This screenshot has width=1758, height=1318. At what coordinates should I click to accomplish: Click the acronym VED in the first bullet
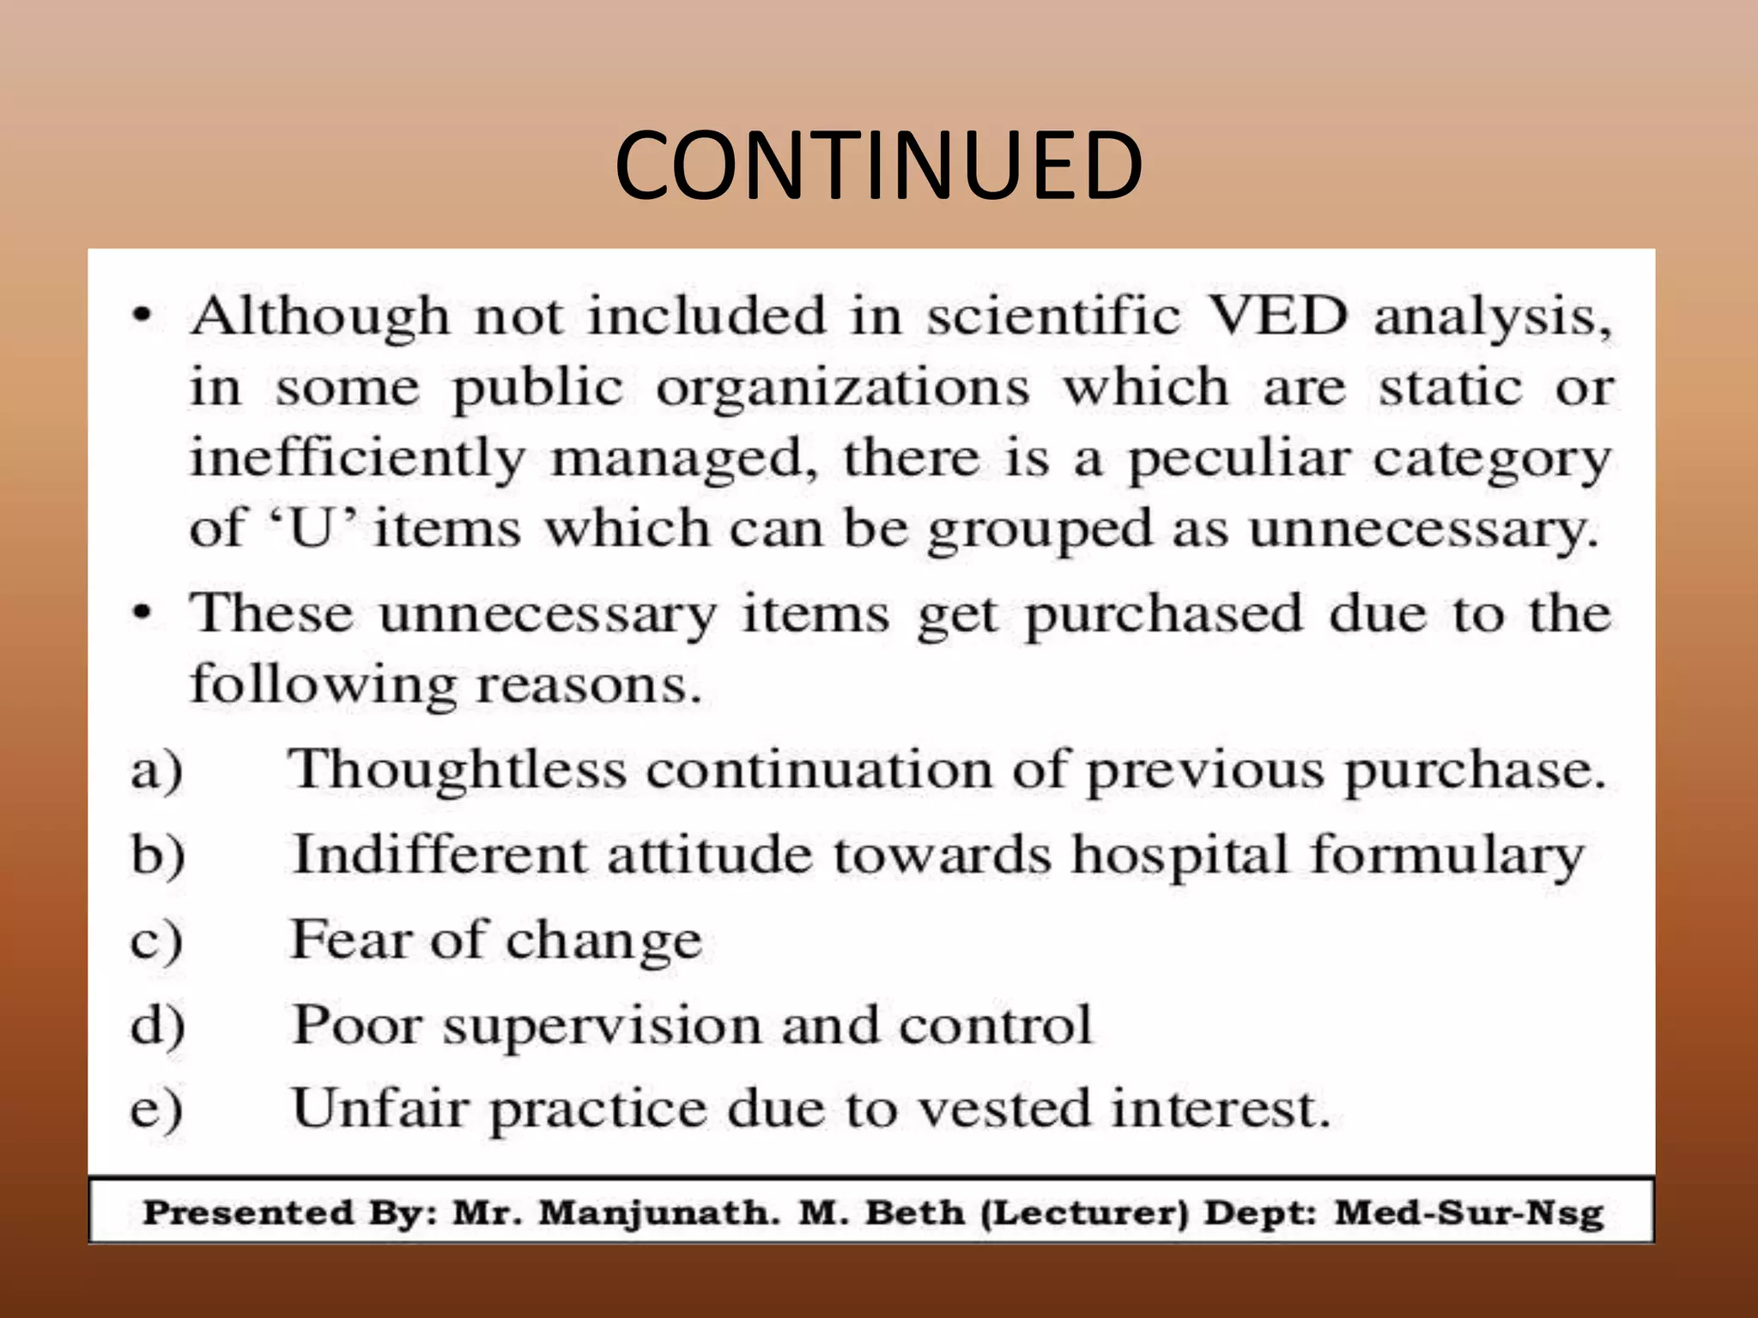click(1278, 317)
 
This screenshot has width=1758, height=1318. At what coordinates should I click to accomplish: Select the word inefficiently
click(358, 459)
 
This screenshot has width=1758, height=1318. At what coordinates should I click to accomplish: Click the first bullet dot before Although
click(142, 317)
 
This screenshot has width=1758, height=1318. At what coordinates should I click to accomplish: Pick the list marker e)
click(156, 1110)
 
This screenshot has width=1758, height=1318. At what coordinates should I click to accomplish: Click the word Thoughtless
click(456, 770)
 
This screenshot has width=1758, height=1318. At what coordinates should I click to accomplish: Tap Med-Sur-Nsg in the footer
click(1469, 1213)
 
